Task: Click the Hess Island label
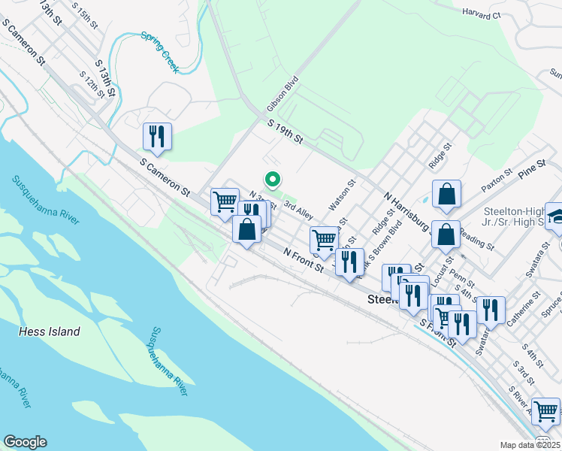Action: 50,331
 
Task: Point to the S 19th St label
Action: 286,133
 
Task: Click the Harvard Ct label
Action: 482,13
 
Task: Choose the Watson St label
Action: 341,195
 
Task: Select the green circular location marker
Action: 272,180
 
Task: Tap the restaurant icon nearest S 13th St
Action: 158,136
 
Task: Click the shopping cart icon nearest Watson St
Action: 324,241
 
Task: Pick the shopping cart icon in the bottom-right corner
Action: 545,411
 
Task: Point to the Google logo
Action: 25,441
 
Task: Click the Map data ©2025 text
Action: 530,445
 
